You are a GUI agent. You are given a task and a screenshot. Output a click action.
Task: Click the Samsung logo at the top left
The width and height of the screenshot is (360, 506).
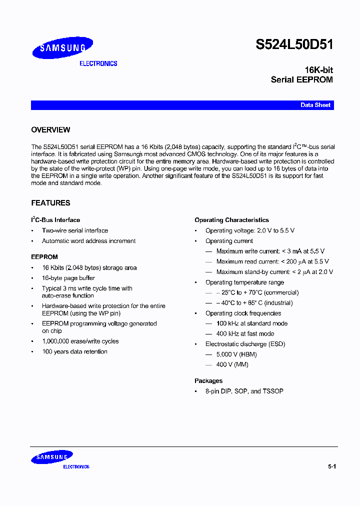point(62,48)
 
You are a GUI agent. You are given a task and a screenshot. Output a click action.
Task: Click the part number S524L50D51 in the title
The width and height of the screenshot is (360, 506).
point(294,44)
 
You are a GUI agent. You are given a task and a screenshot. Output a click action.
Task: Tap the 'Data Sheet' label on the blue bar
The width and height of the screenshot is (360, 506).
point(315,105)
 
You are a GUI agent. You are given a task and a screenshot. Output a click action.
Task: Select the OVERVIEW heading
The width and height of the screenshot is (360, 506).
point(50,130)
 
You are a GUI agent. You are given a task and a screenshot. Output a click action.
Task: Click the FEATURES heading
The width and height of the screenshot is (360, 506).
point(50,203)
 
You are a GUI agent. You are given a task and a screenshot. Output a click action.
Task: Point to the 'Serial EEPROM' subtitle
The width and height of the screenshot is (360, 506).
point(301,79)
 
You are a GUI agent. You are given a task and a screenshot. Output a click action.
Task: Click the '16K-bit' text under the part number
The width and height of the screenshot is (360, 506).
point(318,70)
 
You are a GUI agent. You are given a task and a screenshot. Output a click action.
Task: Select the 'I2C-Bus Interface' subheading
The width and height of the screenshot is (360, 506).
point(55,220)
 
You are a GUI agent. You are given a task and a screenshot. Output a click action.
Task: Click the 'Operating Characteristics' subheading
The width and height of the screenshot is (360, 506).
point(231,220)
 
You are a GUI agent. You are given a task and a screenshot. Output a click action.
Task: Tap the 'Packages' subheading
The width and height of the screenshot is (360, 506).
point(208,381)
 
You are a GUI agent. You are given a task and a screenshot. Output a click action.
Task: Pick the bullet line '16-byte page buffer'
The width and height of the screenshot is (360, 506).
point(68,278)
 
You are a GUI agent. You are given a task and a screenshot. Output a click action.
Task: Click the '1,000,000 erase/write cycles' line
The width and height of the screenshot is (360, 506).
point(80,341)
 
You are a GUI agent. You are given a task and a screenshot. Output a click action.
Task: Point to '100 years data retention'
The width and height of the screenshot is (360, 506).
point(74,351)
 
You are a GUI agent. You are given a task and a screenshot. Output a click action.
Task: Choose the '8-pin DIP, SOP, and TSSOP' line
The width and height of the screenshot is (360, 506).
point(244,391)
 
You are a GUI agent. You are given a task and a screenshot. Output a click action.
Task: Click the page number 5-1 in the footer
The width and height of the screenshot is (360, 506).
point(332,466)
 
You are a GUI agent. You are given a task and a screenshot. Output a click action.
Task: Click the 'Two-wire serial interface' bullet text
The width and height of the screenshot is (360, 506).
point(74,230)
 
